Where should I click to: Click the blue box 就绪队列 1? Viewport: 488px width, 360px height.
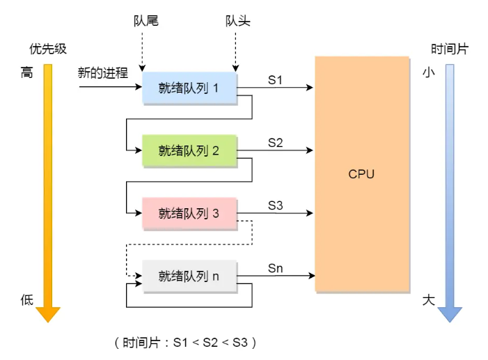(x=189, y=88)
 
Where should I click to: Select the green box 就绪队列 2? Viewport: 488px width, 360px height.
(x=189, y=150)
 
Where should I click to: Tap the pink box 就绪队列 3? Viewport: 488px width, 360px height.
(x=189, y=213)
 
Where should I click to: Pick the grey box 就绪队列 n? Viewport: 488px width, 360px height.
(x=189, y=276)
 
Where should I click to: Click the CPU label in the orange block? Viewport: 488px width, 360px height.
(x=361, y=174)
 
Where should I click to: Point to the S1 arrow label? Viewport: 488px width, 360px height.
(x=276, y=80)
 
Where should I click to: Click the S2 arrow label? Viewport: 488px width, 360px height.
(x=276, y=143)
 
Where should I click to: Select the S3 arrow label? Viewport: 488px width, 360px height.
(x=276, y=205)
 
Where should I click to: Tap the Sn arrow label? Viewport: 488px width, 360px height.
(x=276, y=268)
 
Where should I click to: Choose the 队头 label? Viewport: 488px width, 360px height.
(x=237, y=21)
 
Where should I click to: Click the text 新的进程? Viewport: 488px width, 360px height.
(x=103, y=72)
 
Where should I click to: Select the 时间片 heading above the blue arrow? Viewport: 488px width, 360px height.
(x=450, y=49)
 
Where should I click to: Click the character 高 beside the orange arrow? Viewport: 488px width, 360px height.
(x=26, y=72)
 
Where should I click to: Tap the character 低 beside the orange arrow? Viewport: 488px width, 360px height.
(x=26, y=300)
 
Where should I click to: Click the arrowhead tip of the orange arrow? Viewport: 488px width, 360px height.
(x=47, y=321)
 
